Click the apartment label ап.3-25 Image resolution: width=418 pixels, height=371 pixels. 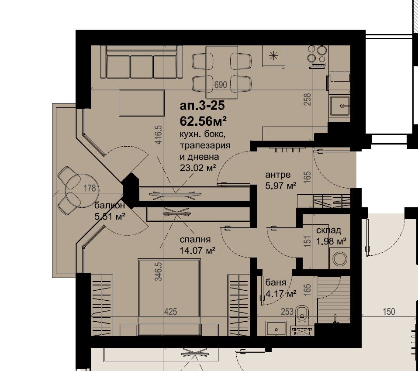(x=202, y=106)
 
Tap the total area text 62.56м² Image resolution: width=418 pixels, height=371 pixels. (x=203, y=121)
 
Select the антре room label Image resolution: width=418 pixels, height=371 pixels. (x=278, y=175)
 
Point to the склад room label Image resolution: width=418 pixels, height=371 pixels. (x=328, y=230)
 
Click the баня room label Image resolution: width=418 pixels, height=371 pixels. (x=276, y=282)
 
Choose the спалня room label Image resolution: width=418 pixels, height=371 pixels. (x=195, y=240)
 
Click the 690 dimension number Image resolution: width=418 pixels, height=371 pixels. (x=221, y=85)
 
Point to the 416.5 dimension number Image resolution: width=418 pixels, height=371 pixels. (x=159, y=135)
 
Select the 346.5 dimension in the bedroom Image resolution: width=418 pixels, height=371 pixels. (x=159, y=271)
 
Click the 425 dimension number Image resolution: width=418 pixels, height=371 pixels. (x=171, y=311)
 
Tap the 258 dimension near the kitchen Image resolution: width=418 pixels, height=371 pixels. (x=307, y=100)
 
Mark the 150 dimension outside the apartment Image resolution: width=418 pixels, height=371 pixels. (x=389, y=311)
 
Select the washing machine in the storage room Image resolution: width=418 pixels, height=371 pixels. (x=340, y=258)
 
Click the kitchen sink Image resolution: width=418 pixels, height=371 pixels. (x=340, y=106)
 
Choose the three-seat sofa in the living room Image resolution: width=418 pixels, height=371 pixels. (x=142, y=62)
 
